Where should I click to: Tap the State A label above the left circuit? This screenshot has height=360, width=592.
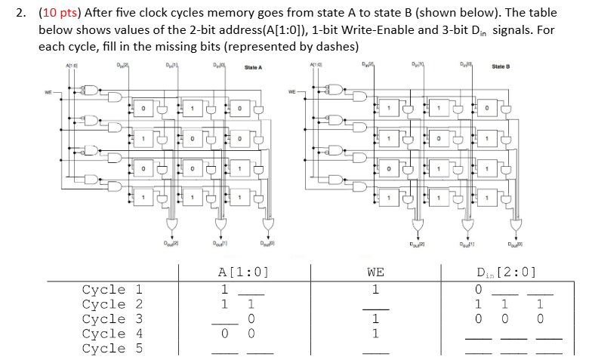[254, 68]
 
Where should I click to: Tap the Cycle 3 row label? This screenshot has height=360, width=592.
[112, 318]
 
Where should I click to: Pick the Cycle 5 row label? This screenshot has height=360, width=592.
[112, 348]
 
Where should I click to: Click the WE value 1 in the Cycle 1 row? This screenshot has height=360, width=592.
[375, 289]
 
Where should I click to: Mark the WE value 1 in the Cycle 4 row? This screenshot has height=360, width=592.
[375, 333]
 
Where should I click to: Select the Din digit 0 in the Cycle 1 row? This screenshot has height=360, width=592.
[477, 289]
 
